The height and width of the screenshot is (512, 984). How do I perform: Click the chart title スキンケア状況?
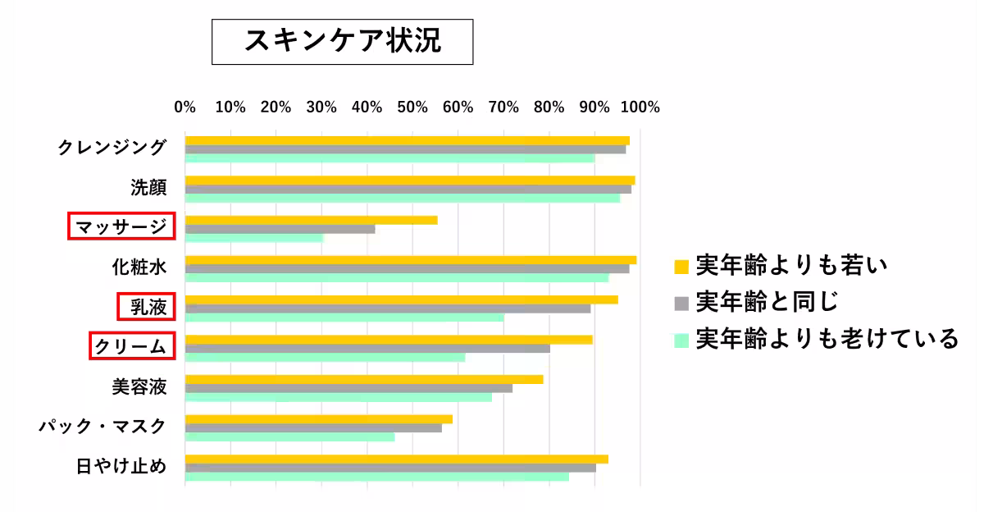(343, 42)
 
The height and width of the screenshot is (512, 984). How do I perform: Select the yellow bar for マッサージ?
(312, 220)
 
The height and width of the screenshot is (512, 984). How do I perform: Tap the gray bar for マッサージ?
(280, 229)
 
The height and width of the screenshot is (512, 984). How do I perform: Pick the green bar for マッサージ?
(254, 238)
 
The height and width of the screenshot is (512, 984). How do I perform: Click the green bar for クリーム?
(325, 357)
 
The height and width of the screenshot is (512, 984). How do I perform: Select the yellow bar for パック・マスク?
(319, 418)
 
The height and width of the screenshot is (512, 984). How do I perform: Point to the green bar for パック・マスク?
(289, 437)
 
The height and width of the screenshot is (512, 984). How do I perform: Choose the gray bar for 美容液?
(348, 388)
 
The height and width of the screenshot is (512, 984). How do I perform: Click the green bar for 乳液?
(344, 317)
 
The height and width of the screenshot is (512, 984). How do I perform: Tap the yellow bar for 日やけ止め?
(397, 459)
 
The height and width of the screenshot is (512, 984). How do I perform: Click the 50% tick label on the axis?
(412, 107)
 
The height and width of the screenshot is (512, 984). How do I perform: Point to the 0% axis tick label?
(185, 107)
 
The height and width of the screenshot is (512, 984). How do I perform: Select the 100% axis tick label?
(640, 107)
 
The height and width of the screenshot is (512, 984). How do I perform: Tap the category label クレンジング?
(112, 148)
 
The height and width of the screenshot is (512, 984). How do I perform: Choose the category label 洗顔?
(148, 188)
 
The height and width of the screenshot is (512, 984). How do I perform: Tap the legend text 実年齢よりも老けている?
(827, 338)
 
